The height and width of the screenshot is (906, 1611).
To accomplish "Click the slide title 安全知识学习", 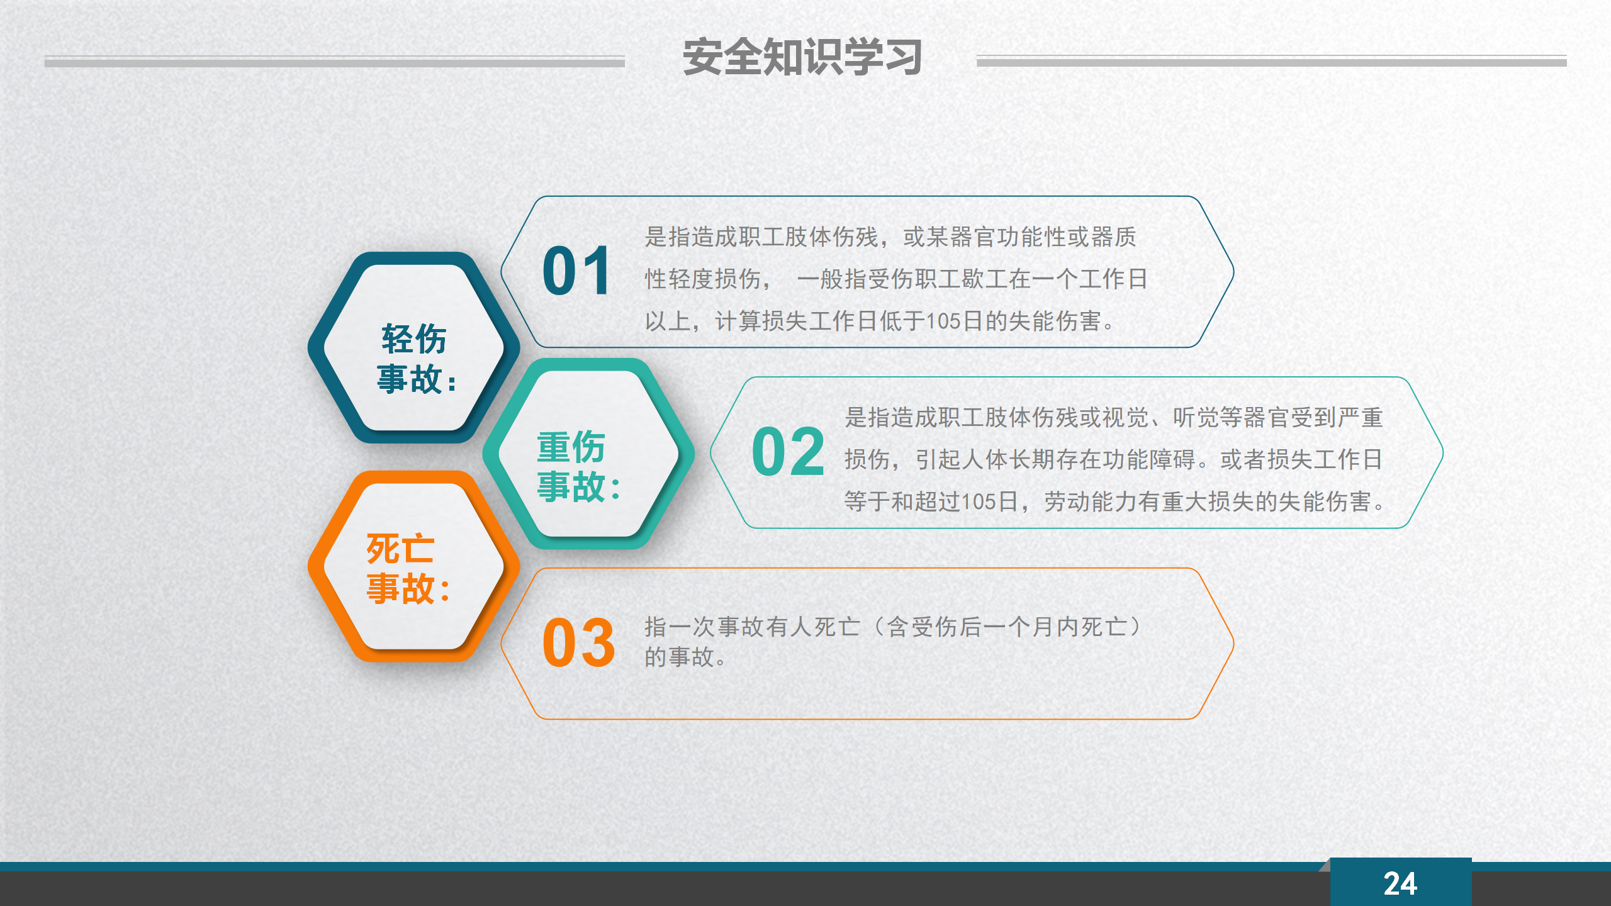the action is click(802, 57).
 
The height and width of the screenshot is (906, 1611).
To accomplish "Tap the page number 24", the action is click(1400, 884).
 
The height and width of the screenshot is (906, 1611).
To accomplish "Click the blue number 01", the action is click(576, 271).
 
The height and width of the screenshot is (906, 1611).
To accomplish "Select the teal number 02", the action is click(788, 451).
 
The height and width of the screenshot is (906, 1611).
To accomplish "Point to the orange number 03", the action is click(578, 642).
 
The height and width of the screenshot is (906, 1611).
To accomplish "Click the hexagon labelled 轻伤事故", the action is click(413, 348).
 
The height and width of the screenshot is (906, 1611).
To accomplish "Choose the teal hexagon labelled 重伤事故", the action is click(588, 454).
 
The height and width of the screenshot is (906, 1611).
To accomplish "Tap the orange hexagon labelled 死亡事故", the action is click(413, 566).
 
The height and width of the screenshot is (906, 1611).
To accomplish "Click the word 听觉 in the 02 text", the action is click(1196, 418).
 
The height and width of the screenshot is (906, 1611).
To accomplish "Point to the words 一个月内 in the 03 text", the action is click(1030, 627).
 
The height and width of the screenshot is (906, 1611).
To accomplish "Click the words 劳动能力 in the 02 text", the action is click(1091, 501).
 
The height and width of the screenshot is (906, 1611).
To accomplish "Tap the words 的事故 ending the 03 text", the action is click(679, 657).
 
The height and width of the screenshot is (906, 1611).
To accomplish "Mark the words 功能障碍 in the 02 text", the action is click(1149, 459).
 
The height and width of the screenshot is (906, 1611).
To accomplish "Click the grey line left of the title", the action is click(335, 62).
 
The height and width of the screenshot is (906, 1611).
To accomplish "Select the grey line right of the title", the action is click(1272, 61).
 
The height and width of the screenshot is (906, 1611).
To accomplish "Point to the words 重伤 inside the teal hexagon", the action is click(571, 447).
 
